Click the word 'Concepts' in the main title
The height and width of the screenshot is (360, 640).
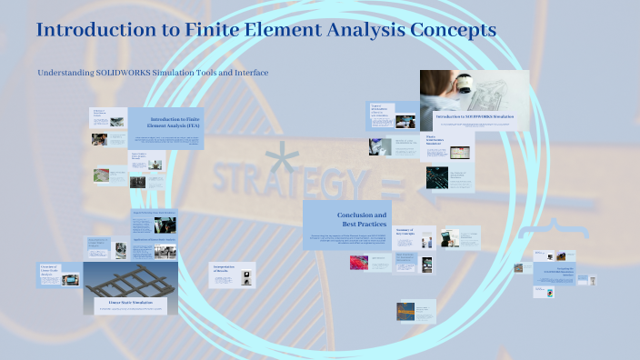click(452, 30)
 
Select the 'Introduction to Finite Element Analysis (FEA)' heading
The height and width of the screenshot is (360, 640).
click(175, 125)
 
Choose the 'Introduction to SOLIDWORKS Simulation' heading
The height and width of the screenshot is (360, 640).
click(481, 116)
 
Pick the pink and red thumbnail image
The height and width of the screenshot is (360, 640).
click(358, 262)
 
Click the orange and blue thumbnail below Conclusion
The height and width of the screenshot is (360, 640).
click(405, 311)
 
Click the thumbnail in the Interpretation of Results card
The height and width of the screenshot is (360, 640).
click(224, 282)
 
